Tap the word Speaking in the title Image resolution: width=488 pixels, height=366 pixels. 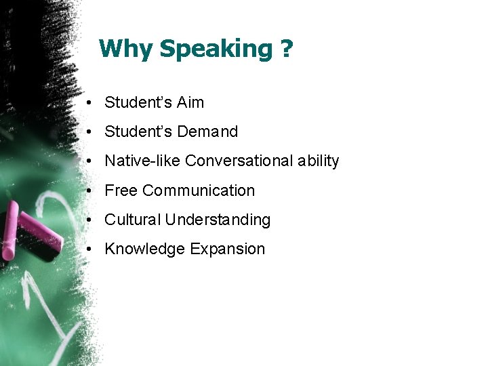tap(215, 49)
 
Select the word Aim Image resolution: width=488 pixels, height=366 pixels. tap(190, 103)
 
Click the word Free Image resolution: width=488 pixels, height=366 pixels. tap(121, 191)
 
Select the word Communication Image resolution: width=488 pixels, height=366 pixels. tap(199, 191)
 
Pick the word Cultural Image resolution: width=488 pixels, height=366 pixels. tap(133, 220)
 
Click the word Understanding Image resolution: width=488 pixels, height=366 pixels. tap(218, 220)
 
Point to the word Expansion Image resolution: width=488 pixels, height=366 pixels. tap(227, 249)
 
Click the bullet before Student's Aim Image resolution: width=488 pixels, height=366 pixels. tap(89, 103)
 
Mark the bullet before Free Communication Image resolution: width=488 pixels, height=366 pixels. tap(89, 191)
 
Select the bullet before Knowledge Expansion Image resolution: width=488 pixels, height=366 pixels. tap(89, 249)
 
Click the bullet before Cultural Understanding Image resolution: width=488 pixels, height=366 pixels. tap(89, 220)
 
